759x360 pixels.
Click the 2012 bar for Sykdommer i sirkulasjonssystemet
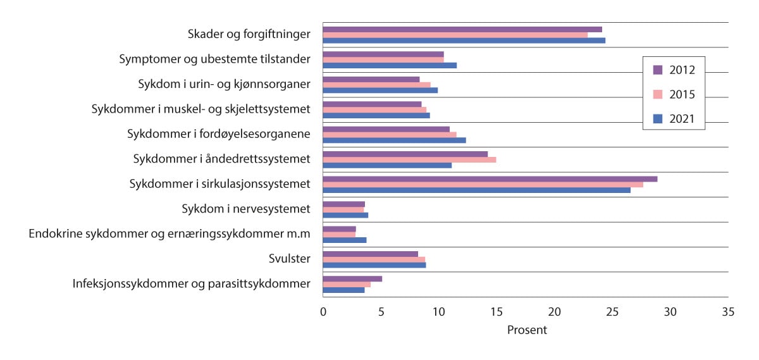(490, 179)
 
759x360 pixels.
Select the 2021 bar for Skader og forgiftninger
(464, 40)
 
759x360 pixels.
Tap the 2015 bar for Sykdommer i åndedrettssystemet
(409, 159)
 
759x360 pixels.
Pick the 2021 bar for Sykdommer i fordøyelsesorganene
(394, 140)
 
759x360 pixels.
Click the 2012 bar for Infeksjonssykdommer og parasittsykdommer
(352, 278)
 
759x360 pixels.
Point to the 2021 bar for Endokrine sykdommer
(345, 240)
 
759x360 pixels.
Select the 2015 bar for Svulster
(374, 259)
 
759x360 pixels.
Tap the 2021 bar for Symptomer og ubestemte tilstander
(390, 65)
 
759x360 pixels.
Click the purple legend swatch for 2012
(657, 70)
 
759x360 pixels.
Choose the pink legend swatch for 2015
(657, 94)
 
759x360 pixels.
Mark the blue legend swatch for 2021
(657, 118)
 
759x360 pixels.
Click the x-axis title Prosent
(527, 330)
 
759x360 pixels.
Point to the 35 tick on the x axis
(728, 312)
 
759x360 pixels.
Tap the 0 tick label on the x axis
(323, 312)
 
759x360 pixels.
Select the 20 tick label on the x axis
(554, 312)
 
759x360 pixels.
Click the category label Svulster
(289, 258)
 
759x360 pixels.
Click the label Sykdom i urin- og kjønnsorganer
(224, 84)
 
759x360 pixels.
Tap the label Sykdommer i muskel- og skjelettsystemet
(201, 109)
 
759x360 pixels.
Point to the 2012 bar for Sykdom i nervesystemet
(343, 204)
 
